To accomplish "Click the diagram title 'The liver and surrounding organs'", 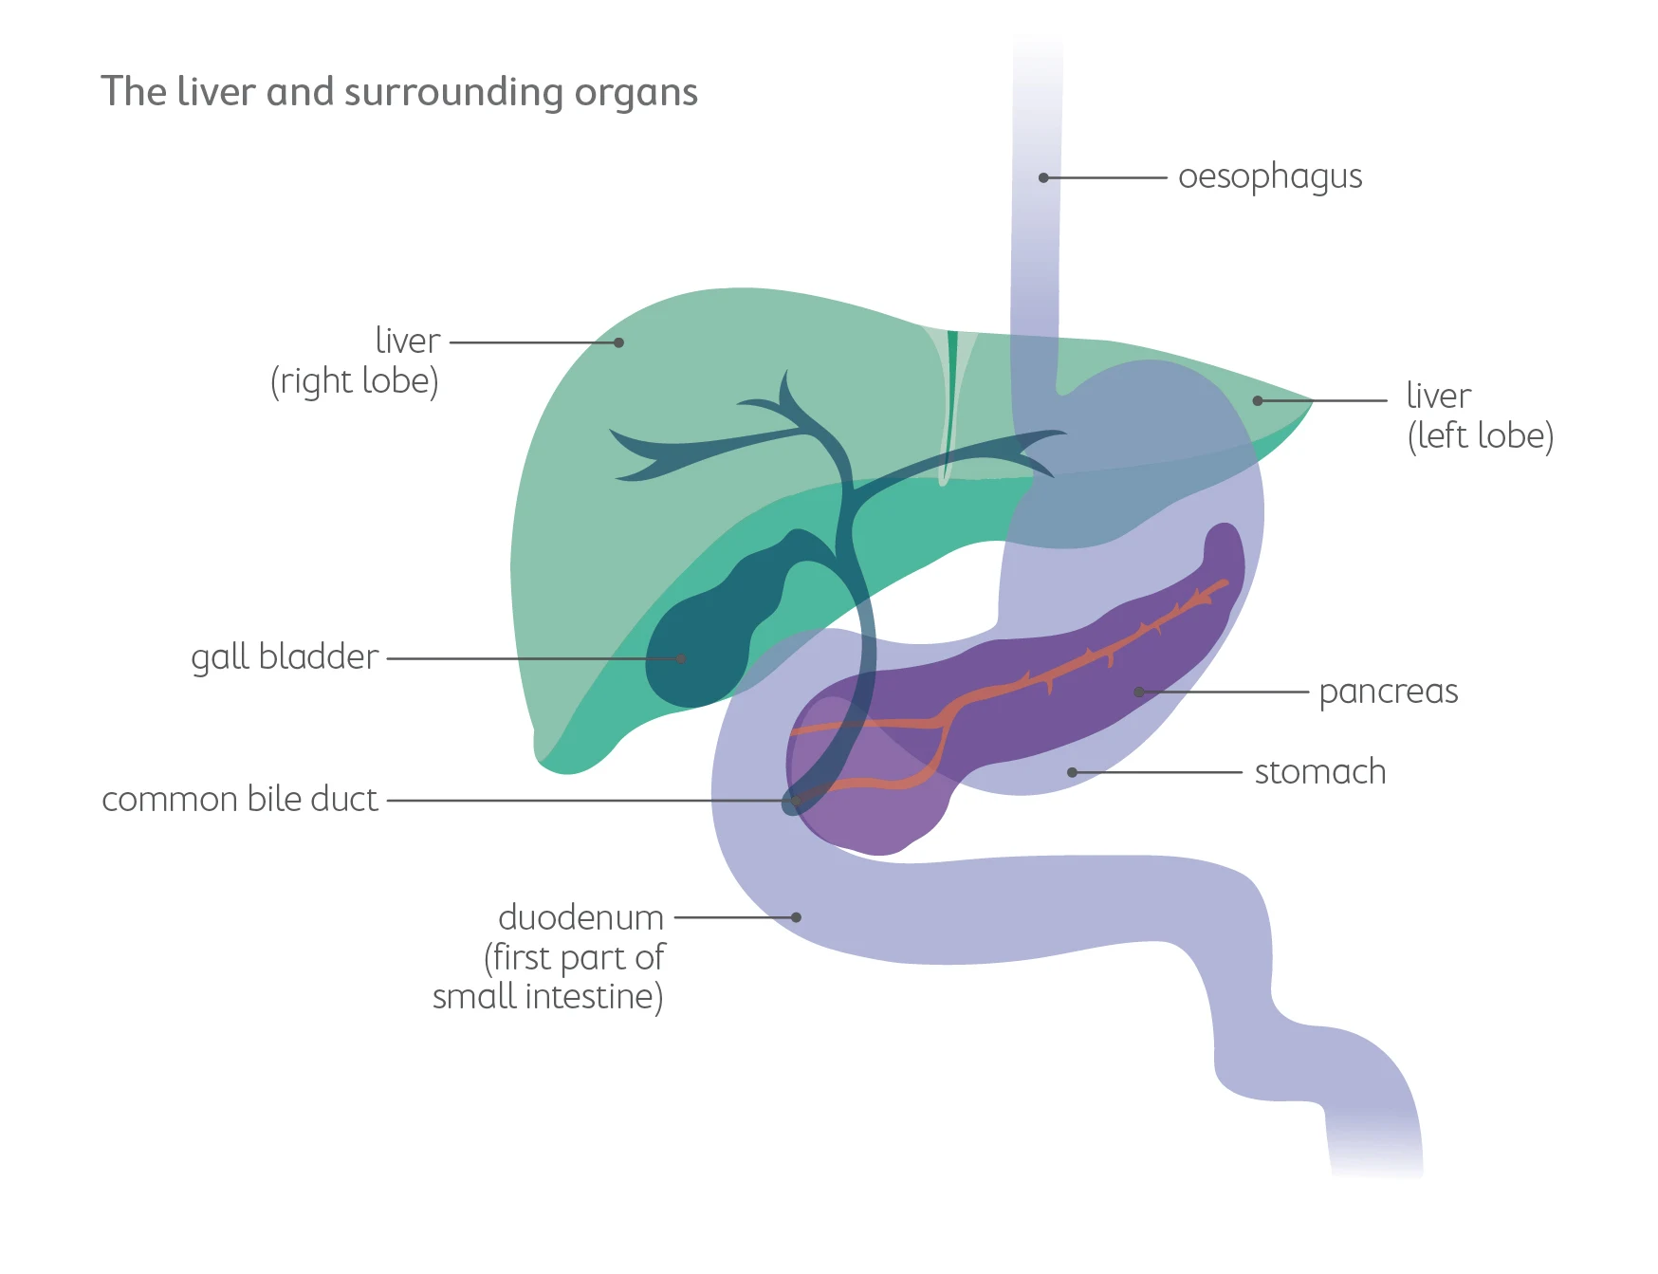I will (x=399, y=92).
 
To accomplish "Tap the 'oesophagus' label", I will (x=1269, y=177).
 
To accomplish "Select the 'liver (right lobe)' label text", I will (x=355, y=360).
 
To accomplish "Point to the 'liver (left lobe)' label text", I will (x=1479, y=415).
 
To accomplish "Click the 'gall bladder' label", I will (x=285, y=656).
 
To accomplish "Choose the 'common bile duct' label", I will (x=240, y=799).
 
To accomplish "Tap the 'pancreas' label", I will (x=1388, y=692).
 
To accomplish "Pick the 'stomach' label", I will (x=1319, y=772).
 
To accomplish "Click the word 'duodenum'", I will (x=580, y=917).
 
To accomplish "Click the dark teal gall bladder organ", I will (x=702, y=645).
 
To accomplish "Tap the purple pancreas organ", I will (x=1062, y=702).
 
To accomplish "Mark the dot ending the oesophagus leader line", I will (x=1043, y=177).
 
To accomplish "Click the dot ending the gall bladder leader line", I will (x=681, y=658).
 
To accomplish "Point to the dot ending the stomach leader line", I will (x=1072, y=772).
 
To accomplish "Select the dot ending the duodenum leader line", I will (x=797, y=917).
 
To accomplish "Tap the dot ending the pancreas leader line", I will (x=1139, y=692).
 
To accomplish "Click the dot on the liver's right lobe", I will (x=618, y=342).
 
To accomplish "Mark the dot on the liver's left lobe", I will (x=1258, y=400).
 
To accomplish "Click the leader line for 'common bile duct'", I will (x=588, y=800).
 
